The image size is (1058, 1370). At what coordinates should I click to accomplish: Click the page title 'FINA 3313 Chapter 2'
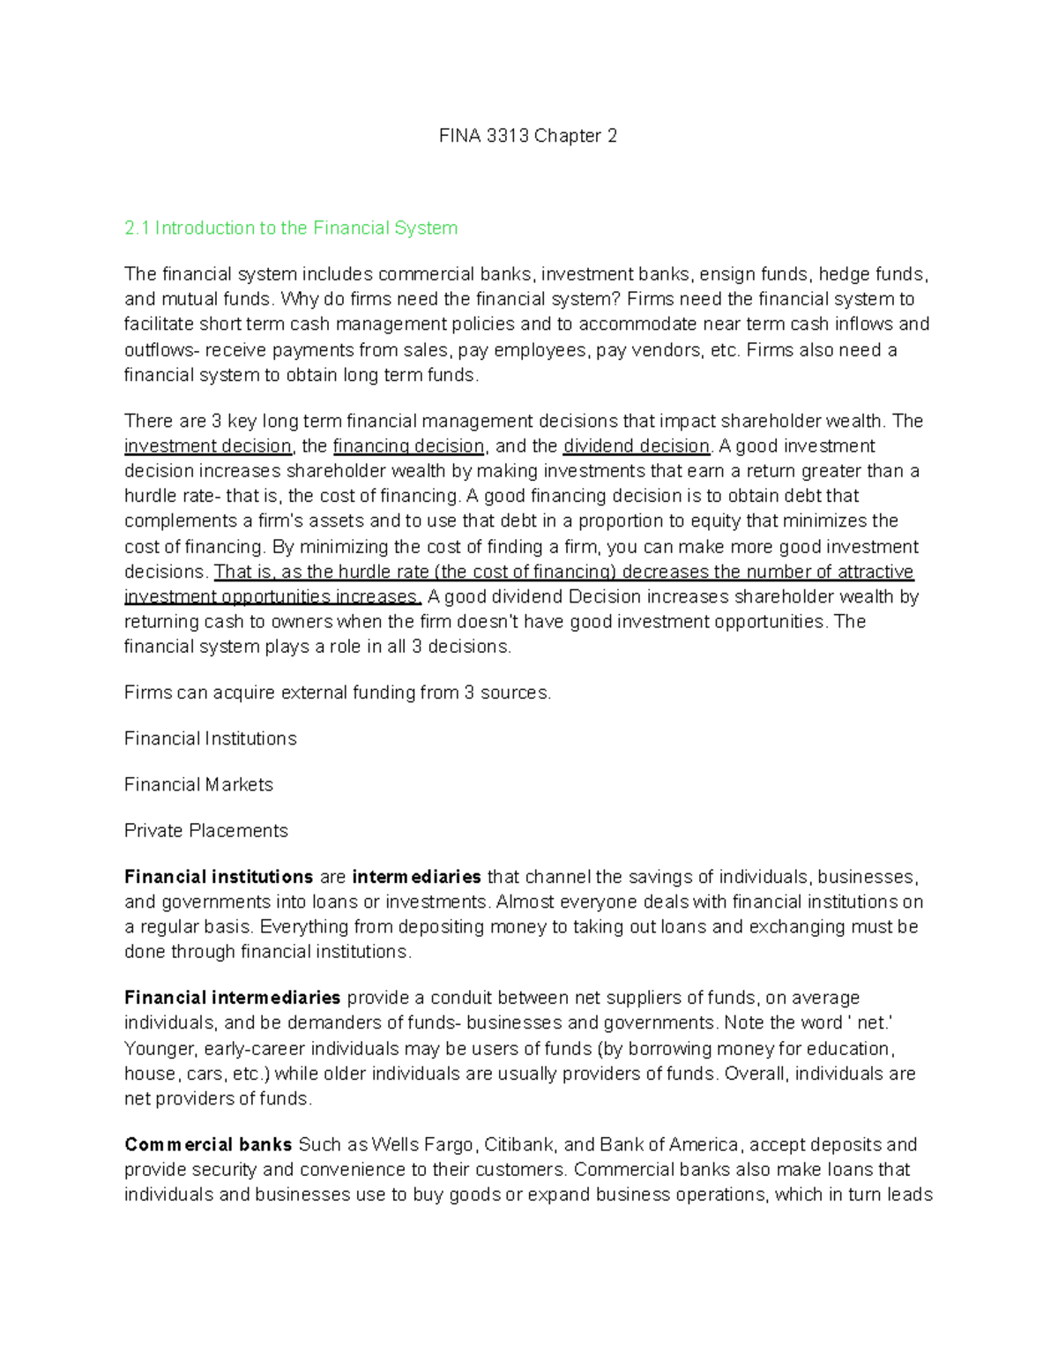pyautogui.click(x=528, y=136)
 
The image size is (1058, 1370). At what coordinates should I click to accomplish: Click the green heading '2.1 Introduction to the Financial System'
pyautogui.click(x=291, y=228)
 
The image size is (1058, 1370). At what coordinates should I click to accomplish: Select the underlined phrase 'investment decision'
pyautogui.click(x=207, y=446)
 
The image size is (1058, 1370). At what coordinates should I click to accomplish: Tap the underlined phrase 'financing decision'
pyautogui.click(x=408, y=446)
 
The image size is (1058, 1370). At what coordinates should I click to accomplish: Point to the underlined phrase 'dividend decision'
pyautogui.click(x=636, y=446)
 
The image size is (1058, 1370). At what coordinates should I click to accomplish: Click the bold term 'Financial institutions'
pyautogui.click(x=219, y=877)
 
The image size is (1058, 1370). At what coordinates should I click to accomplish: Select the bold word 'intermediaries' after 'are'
pyautogui.click(x=416, y=877)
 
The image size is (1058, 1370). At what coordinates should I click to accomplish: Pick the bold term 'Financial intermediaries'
pyautogui.click(x=232, y=998)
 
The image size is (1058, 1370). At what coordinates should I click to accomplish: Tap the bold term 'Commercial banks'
pyautogui.click(x=208, y=1145)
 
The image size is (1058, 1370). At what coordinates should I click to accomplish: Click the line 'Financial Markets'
pyautogui.click(x=198, y=785)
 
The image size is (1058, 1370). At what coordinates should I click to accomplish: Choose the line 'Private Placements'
pyautogui.click(x=205, y=831)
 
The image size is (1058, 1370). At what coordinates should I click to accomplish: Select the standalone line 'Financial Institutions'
pyautogui.click(x=210, y=739)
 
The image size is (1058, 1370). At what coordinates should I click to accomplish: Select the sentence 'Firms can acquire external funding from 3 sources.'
pyautogui.click(x=338, y=693)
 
